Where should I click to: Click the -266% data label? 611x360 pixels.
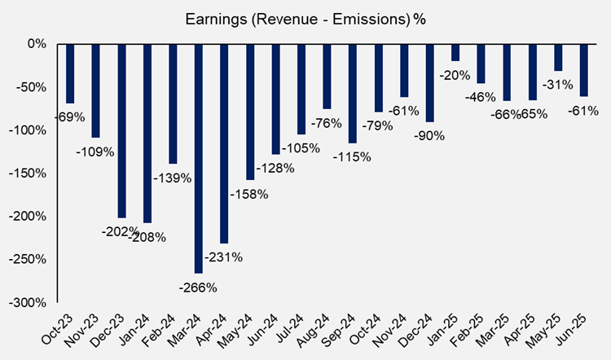pos(199,287)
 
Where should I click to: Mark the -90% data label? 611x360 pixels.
pos(429,136)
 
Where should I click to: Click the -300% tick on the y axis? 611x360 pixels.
pos(30,302)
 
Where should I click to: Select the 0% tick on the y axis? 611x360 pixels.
pos(37,44)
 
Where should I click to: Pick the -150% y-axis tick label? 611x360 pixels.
pos(30,173)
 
